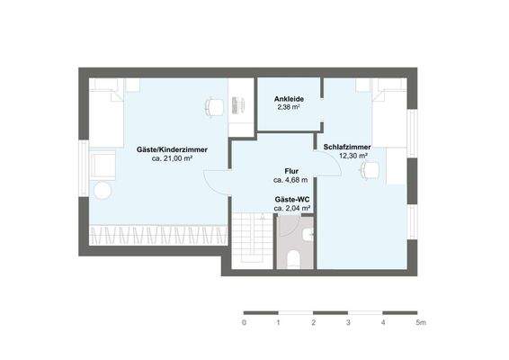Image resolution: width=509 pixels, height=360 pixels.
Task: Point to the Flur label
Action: (x=292, y=169)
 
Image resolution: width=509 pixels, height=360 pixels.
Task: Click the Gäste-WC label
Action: (x=292, y=198)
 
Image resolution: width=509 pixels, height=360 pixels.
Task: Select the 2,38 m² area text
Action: (x=288, y=108)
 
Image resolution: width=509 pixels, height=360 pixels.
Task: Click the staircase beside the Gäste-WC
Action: (x=251, y=238)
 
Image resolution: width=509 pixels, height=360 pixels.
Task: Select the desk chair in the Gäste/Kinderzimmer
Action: (x=214, y=105)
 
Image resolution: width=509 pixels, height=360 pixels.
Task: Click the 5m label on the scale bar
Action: (x=420, y=322)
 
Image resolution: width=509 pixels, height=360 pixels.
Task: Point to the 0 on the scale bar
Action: (x=244, y=322)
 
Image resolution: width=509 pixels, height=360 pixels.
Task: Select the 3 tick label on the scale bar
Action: (x=349, y=322)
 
